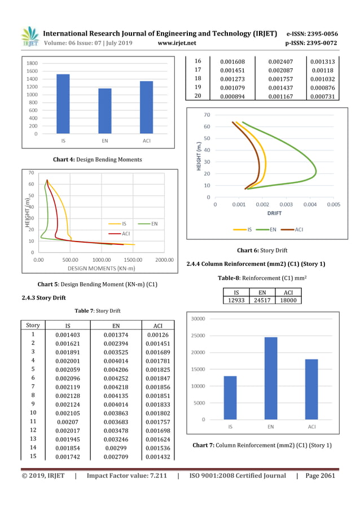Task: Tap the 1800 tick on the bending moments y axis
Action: click(32, 63)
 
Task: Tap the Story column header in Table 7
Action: click(33, 325)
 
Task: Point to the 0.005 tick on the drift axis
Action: click(333, 205)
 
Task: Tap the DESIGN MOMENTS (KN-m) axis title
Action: click(101, 267)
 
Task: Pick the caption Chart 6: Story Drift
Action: click(262, 250)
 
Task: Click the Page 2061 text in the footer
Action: click(320, 476)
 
